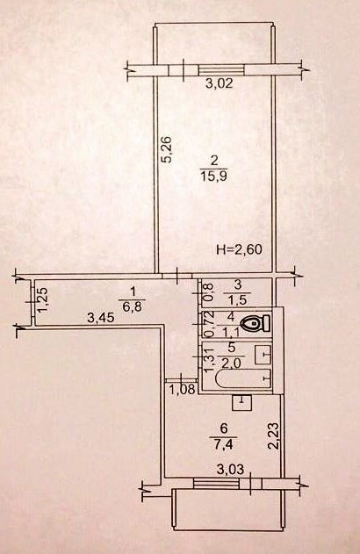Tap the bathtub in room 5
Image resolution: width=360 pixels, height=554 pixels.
click(x=243, y=380)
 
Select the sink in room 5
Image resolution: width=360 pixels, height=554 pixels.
click(x=263, y=354)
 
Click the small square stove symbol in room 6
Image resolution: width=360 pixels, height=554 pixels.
click(x=241, y=402)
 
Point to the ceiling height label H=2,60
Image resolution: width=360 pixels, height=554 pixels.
click(x=239, y=250)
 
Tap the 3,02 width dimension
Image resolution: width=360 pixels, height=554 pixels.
click(x=220, y=84)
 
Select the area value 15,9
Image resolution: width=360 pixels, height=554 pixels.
click(x=213, y=176)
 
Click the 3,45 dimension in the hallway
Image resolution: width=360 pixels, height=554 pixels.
click(x=101, y=319)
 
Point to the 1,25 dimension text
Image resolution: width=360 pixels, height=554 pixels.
click(x=43, y=300)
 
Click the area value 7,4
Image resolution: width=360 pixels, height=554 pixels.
click(x=223, y=442)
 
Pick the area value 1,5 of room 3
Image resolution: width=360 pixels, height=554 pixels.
click(x=237, y=299)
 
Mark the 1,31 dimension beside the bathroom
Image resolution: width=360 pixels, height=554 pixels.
click(x=210, y=359)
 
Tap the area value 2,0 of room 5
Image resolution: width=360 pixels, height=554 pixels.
click(x=232, y=362)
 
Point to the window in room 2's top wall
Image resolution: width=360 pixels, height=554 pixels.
click(x=221, y=70)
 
